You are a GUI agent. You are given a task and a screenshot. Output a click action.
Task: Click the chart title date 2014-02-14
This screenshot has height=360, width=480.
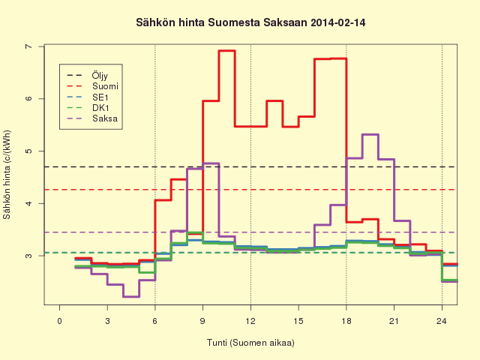[x=337, y=22]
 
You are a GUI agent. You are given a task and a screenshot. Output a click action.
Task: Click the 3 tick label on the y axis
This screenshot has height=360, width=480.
[x=28, y=256]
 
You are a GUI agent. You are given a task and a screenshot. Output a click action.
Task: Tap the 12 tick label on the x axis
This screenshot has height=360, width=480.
[x=250, y=321]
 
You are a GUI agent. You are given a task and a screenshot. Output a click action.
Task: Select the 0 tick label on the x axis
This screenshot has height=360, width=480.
[x=60, y=321]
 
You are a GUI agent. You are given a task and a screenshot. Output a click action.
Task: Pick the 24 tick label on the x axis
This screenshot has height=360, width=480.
[x=442, y=321]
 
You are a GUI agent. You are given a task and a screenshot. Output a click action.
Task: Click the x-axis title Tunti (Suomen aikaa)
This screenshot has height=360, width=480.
[x=250, y=343]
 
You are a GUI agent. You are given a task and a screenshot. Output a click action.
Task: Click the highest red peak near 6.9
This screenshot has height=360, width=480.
[x=226, y=51]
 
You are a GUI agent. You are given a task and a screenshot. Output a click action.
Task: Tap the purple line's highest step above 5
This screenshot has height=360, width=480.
[x=370, y=134]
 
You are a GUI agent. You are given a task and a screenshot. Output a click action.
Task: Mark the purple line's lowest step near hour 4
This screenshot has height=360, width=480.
[x=131, y=297]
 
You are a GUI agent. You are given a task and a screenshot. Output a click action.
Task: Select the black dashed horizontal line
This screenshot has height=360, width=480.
[x=250, y=166]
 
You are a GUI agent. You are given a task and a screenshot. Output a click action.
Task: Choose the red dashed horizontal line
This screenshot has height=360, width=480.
[x=250, y=190]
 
